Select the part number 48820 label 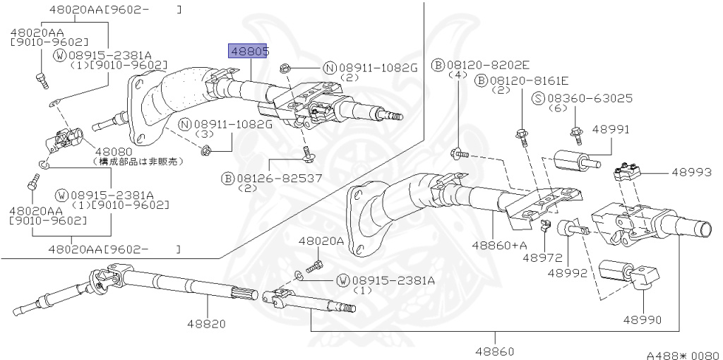[x=206, y=324]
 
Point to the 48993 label [x=692, y=172]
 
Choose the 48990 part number [x=642, y=320]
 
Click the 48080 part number [x=114, y=151]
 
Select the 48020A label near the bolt [x=321, y=241]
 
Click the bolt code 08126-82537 [x=274, y=178]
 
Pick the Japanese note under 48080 [x=138, y=161]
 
